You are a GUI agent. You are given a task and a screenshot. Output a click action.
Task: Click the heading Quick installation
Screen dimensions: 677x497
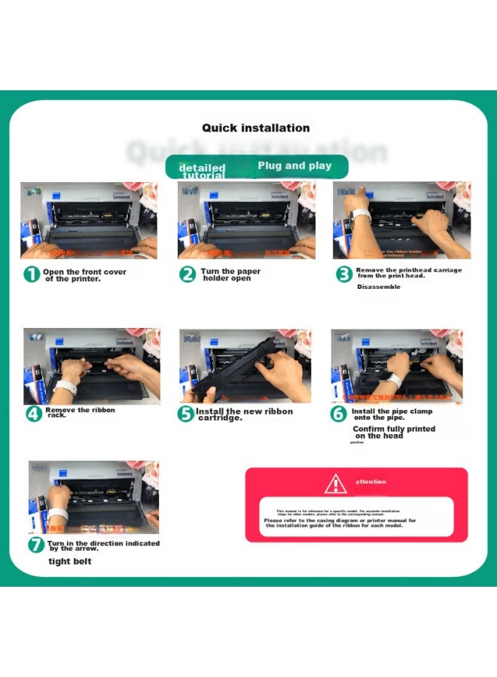point(255,128)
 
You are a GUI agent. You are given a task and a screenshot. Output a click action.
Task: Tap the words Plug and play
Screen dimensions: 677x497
point(294,165)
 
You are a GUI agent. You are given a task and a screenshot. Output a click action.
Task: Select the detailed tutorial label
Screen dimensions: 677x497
point(202,171)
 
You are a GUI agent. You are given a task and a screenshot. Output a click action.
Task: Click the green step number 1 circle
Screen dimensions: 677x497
point(32,275)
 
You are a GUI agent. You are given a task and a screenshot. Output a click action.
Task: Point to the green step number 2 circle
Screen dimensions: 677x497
point(188,275)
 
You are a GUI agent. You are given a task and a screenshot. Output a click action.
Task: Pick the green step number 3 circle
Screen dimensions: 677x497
point(344,275)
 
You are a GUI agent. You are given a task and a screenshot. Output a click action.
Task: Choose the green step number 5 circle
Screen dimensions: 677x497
point(186,414)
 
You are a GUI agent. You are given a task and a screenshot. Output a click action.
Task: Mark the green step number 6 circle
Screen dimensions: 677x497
point(340,414)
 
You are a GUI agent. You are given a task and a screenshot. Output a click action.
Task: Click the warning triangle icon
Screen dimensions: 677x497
point(335,483)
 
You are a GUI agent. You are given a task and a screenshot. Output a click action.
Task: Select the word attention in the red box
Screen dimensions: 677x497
point(370,481)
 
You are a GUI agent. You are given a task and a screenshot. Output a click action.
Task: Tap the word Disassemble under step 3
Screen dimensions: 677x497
point(379,287)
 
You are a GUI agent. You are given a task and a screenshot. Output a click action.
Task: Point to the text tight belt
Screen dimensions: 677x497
point(70,561)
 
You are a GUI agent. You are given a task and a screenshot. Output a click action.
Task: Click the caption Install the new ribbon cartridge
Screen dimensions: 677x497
point(245,414)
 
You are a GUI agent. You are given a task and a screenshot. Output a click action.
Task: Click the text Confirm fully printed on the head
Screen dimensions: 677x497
point(394,432)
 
